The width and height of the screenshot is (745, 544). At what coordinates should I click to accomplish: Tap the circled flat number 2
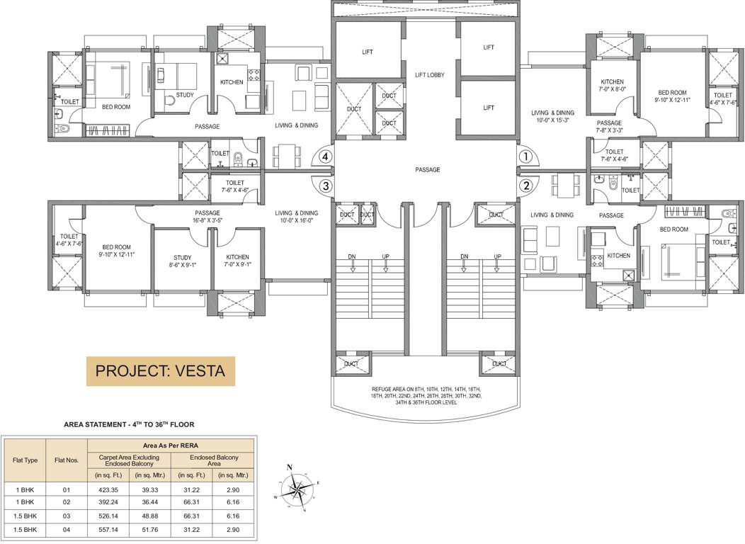click(525, 186)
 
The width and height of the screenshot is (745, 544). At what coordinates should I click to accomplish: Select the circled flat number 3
click(325, 186)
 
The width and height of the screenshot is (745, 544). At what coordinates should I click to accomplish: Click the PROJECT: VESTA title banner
click(159, 370)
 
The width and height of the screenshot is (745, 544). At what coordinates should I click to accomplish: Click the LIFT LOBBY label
click(430, 75)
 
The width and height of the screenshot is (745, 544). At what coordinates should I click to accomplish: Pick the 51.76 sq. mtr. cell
click(149, 529)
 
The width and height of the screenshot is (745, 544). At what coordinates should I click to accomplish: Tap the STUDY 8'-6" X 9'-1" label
click(183, 261)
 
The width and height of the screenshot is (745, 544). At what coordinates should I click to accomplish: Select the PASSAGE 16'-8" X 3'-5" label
click(207, 217)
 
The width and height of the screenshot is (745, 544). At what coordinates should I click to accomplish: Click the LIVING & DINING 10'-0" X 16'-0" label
click(297, 217)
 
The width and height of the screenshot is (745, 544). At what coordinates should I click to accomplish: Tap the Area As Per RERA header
click(171, 446)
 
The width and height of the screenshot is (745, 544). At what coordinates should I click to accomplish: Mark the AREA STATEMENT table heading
click(129, 424)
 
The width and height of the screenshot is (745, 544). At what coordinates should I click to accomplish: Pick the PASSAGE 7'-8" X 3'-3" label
click(609, 126)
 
